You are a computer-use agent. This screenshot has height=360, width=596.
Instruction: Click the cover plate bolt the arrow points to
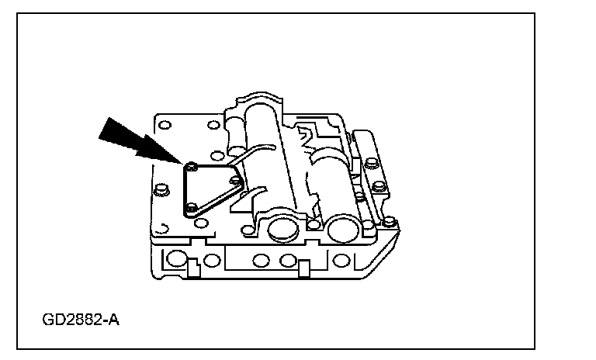point(190,165)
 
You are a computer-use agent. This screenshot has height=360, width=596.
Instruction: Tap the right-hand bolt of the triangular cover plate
point(235,180)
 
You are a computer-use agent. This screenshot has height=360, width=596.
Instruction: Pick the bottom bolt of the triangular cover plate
point(190,207)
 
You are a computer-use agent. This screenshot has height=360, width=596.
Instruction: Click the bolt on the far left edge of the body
point(161,190)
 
